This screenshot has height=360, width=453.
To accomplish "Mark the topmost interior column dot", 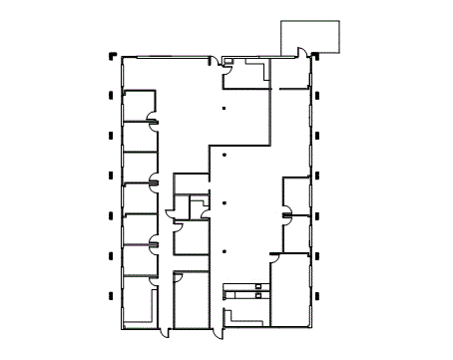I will point(226,108).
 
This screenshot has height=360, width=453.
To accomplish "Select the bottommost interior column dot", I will point(226,250).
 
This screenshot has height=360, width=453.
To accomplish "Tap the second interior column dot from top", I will point(226,156).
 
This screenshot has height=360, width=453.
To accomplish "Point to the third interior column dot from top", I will point(226,203).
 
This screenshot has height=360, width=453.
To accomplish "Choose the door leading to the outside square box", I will point(302,53).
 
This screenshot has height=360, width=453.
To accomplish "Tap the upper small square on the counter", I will point(258,287).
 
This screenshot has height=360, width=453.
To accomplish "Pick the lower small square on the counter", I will point(258,296).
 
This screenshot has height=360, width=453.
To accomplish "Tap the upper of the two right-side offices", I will point(298,194).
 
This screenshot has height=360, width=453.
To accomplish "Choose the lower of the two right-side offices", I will point(298,233).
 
